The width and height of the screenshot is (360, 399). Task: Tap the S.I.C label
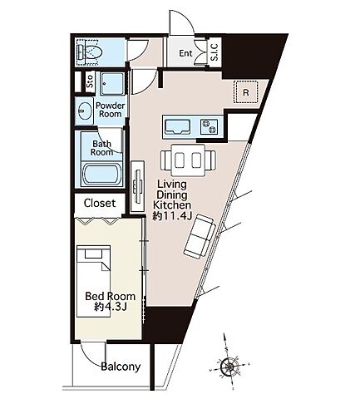click(x=215, y=52)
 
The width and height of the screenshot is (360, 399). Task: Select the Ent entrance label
click(x=185, y=53)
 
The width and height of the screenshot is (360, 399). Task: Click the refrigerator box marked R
click(x=246, y=92)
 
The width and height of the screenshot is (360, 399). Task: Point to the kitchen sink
click(x=178, y=126)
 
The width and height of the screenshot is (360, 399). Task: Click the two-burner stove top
click(x=209, y=126)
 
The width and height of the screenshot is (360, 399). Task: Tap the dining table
click(x=188, y=160)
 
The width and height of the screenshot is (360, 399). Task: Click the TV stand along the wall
click(x=137, y=186)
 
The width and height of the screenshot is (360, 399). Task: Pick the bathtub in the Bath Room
click(x=102, y=175)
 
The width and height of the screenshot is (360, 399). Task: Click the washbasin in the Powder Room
click(x=85, y=111)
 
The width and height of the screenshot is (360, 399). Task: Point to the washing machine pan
click(x=111, y=83)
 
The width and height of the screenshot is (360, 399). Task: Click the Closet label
click(x=100, y=203)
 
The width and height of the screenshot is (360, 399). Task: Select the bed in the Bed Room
click(x=94, y=281)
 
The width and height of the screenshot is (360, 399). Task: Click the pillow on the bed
click(x=94, y=254)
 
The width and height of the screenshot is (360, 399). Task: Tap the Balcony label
click(x=121, y=367)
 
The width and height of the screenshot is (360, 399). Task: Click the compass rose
click(x=229, y=367)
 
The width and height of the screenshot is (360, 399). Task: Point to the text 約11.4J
click(x=172, y=216)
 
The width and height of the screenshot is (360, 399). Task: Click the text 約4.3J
click(x=111, y=307)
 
